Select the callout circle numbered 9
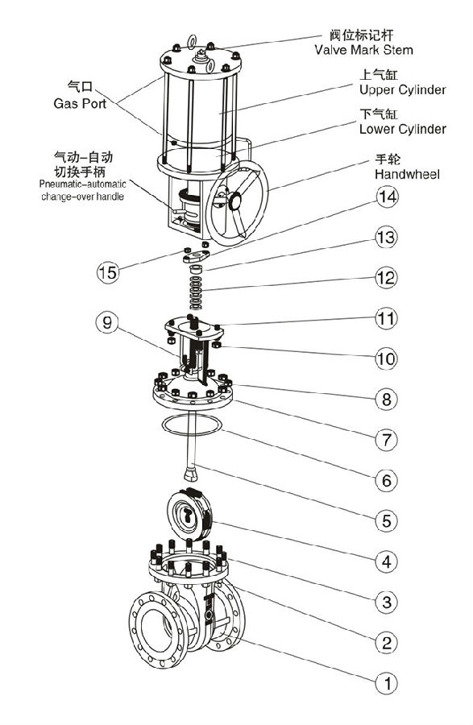click(106, 325)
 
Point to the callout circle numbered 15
click(107, 271)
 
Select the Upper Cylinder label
click(402, 89)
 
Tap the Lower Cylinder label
click(402, 129)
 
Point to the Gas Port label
click(79, 103)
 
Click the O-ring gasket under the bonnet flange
click(190, 425)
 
